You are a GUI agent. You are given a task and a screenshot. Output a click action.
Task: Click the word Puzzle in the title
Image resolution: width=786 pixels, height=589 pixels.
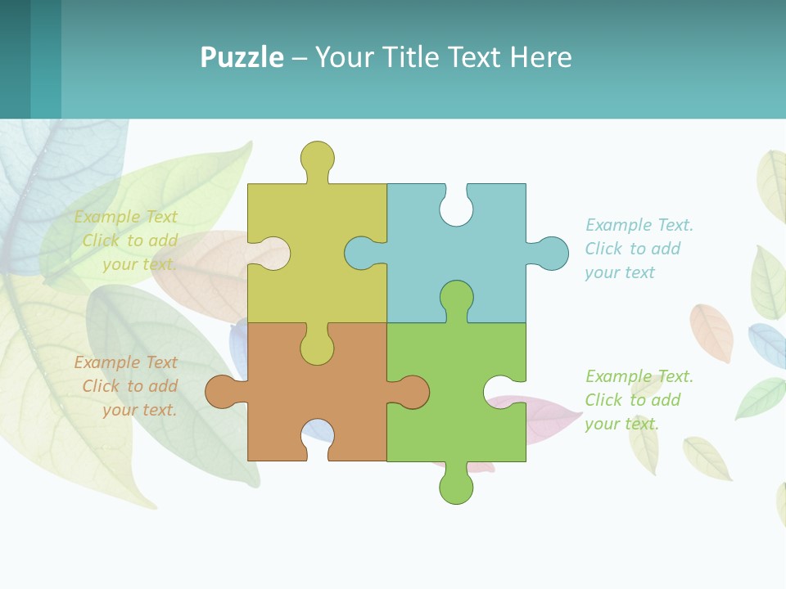pos(242,58)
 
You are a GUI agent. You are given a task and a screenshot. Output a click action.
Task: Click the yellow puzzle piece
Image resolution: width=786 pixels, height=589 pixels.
pos(327,245)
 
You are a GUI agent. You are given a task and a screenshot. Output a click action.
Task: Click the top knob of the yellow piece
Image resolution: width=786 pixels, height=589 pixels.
pos(317,158)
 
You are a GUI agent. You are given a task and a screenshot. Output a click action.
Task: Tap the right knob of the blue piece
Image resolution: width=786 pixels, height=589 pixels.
pos(551,254)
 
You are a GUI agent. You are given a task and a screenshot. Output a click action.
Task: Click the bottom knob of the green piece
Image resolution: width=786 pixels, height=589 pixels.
pos(456,487)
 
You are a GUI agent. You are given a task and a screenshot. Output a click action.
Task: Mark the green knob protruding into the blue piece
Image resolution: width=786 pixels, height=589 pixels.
pos(456,298)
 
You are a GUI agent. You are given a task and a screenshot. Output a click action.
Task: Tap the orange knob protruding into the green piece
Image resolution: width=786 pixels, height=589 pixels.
pos(412,392)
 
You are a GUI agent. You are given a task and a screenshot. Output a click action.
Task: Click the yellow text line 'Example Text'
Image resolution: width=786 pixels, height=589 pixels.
pos(126,217)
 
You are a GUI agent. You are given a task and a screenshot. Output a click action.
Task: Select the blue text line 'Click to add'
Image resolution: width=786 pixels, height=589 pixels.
pos(633,249)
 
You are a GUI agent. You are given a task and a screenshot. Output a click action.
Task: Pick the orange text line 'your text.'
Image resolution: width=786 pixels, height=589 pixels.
pos(140,410)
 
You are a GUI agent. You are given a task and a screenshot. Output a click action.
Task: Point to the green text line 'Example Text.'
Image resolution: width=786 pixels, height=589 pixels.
pos(639,376)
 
